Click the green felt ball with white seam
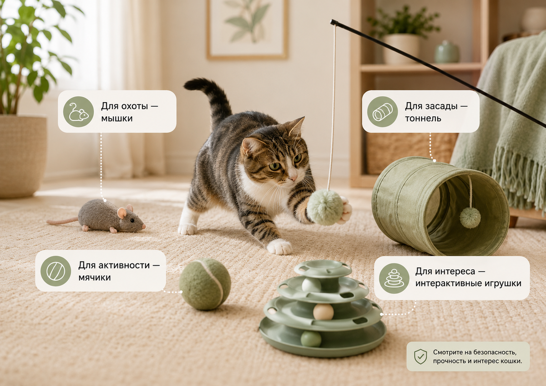[x=205, y=284]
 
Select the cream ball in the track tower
[x=323, y=312]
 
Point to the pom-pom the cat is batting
[x=325, y=207]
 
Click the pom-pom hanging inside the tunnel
[x=470, y=218]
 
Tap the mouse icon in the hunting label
[x=78, y=112]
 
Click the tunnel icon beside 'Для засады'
[x=383, y=112]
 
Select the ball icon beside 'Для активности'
[x=56, y=271]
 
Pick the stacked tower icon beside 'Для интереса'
[x=394, y=278]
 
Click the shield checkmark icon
[x=420, y=356]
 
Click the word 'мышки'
[x=117, y=119]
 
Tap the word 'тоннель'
[x=423, y=119]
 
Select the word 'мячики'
[x=95, y=277]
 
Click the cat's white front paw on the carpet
[x=279, y=247]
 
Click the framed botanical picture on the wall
[x=248, y=29]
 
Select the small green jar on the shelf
[x=446, y=52]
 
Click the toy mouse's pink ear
[x=122, y=213]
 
